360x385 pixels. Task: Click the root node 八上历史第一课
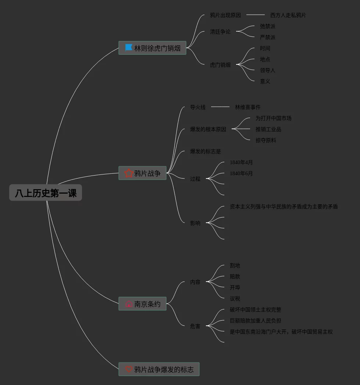coord(46,193)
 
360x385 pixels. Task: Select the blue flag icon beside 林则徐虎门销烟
coord(129,47)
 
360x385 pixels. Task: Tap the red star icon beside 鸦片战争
coord(129,173)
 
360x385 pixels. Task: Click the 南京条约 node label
coord(147,304)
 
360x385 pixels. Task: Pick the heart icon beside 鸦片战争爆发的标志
coord(129,369)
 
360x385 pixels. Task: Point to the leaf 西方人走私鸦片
coord(288,15)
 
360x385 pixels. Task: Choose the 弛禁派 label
coord(267,26)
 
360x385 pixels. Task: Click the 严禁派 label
coord(267,37)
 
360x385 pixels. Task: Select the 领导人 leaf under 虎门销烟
coord(267,70)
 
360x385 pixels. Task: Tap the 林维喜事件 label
coord(247,107)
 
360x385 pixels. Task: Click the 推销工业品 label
coord(268,129)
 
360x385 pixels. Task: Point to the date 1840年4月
coord(241,162)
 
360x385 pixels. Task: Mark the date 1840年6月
coord(241,173)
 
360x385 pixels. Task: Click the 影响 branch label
coord(195,223)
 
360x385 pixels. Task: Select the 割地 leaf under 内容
coord(235,265)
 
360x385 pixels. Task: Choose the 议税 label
coord(235,299)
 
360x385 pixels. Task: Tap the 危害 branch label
coord(195,326)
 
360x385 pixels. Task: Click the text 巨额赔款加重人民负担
coord(255,321)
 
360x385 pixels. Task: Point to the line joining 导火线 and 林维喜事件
coord(220,107)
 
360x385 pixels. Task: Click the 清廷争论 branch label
coord(220,32)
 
